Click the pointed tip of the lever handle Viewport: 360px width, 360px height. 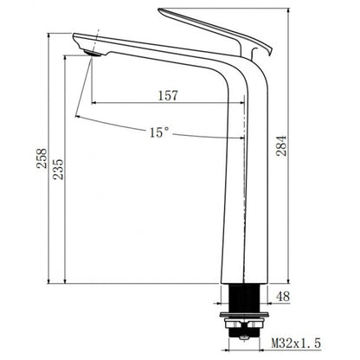click(x=160, y=11)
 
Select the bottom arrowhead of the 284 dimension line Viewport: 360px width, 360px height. click(x=289, y=280)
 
